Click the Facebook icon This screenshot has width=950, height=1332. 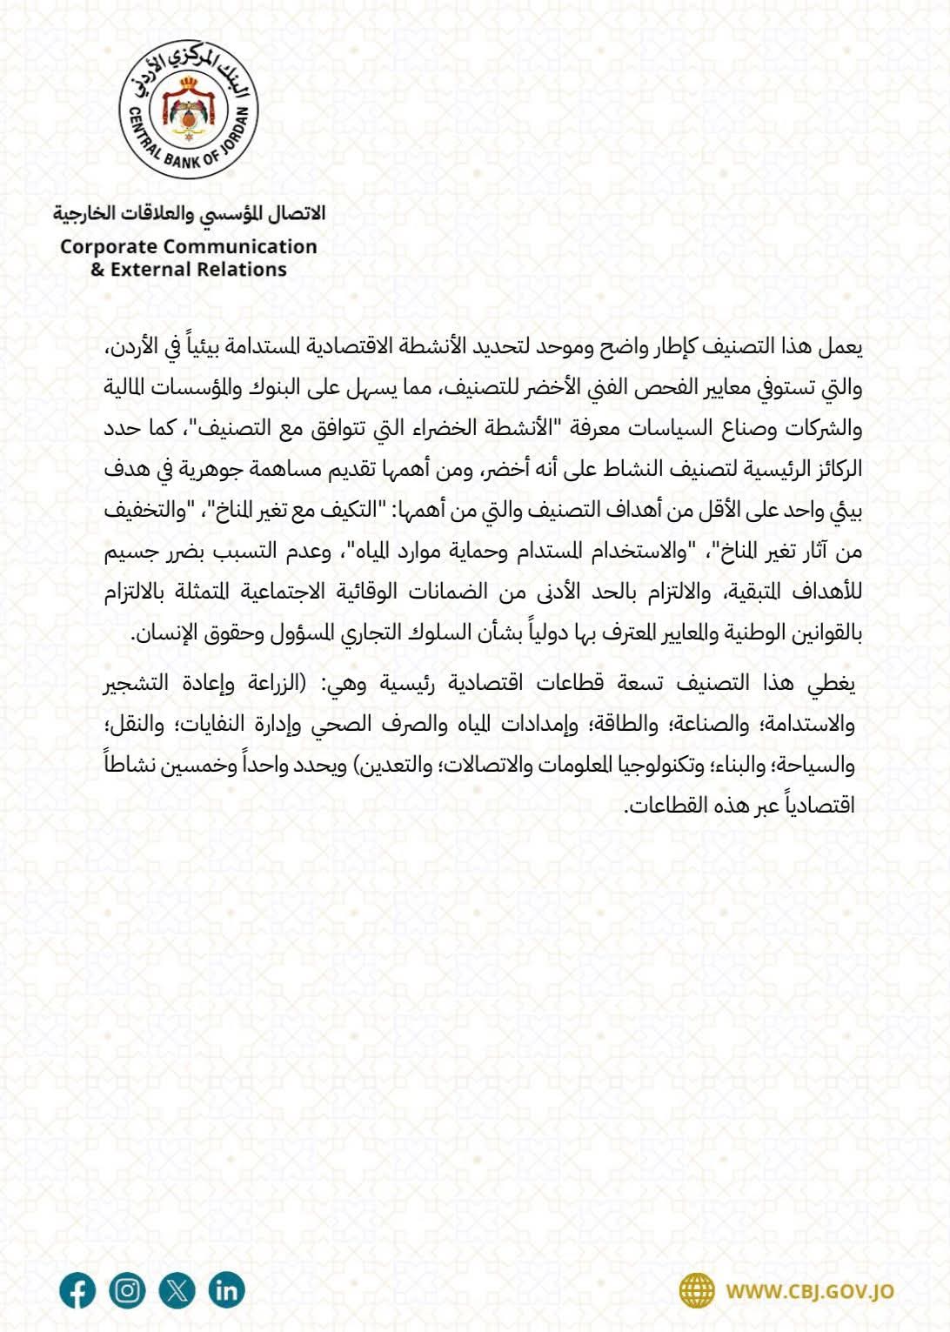[77, 1290]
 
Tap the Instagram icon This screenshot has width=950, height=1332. [127, 1290]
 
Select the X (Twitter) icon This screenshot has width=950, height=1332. [177, 1290]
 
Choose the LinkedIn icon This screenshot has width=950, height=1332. [226, 1290]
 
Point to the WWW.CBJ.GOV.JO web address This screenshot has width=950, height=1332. [810, 1292]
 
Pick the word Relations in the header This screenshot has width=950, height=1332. [252, 270]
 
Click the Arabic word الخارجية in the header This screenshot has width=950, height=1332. [85, 213]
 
